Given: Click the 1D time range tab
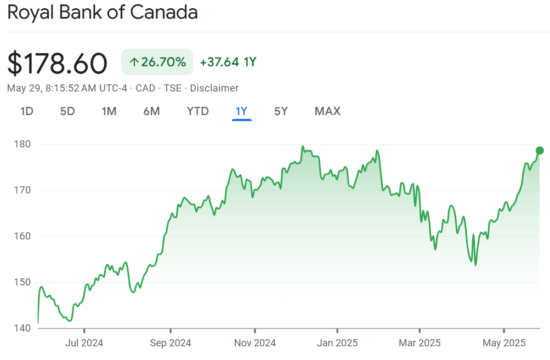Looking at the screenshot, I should [x=27, y=111].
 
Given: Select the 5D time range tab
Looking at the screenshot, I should [x=67, y=111].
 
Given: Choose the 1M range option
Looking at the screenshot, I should [x=109, y=111].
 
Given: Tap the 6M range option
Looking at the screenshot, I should [x=151, y=111].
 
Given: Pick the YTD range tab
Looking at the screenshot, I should [x=197, y=111].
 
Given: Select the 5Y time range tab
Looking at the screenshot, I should [x=281, y=111].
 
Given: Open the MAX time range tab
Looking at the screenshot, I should [x=327, y=111].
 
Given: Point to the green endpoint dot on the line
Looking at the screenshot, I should [x=540, y=151].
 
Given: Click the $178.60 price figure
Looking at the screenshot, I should [x=57, y=63].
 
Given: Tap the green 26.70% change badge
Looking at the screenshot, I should [x=157, y=62].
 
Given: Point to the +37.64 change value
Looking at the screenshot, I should [x=219, y=62].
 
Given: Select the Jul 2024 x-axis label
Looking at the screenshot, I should [x=84, y=344].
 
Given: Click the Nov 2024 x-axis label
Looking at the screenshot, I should [x=255, y=344].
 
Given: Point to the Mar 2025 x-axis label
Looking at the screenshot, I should [x=419, y=344].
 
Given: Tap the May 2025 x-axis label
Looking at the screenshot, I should [x=504, y=344].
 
